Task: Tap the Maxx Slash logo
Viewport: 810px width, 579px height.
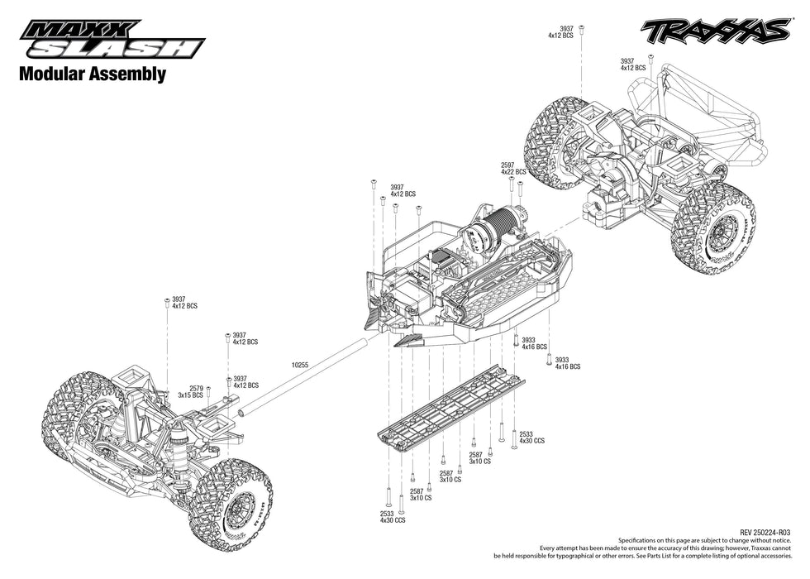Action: click(112, 41)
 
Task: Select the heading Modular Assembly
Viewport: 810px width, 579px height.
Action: click(92, 74)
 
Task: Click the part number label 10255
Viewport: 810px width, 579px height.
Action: click(299, 364)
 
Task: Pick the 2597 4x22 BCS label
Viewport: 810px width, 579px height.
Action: click(513, 168)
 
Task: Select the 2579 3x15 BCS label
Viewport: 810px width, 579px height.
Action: click(196, 391)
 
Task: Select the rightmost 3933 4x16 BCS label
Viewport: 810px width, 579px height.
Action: click(568, 363)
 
